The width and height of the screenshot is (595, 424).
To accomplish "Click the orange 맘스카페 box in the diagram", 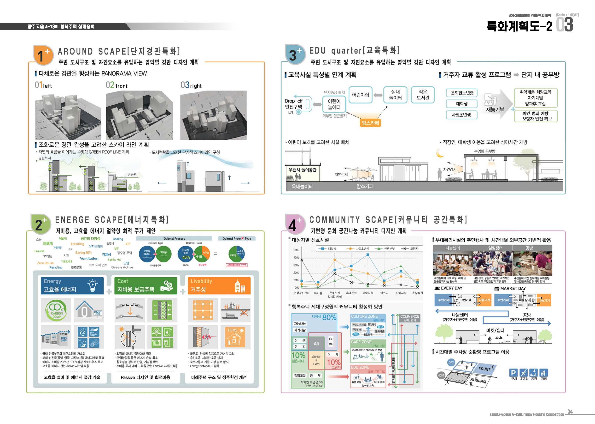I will (370, 123).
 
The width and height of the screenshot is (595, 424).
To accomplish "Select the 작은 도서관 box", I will (422, 95).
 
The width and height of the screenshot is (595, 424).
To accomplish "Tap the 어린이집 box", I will (361, 95).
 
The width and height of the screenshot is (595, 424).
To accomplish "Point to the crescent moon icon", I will (440, 153).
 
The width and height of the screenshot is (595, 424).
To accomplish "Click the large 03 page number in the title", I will (565, 25).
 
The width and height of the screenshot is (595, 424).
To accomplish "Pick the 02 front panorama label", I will (117, 85).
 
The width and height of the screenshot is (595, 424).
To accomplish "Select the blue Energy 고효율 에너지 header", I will (72, 285).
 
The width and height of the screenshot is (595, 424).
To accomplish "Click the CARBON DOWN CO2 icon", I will (56, 310).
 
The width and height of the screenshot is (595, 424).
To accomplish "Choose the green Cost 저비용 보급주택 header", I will (146, 285).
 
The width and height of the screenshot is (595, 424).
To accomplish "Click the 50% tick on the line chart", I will (296, 250).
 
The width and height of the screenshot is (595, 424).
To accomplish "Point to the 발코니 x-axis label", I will (384, 293).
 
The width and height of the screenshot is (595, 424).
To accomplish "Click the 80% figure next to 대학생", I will (329, 317).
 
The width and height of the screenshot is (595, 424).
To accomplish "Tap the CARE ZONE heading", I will (361, 342).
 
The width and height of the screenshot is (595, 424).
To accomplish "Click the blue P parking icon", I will (513, 373).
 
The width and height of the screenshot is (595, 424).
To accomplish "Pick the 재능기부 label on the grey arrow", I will (495, 110).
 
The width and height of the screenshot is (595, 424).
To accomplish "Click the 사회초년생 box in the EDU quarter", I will (461, 115).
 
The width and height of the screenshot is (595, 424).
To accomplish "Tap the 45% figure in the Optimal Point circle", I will (186, 257).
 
